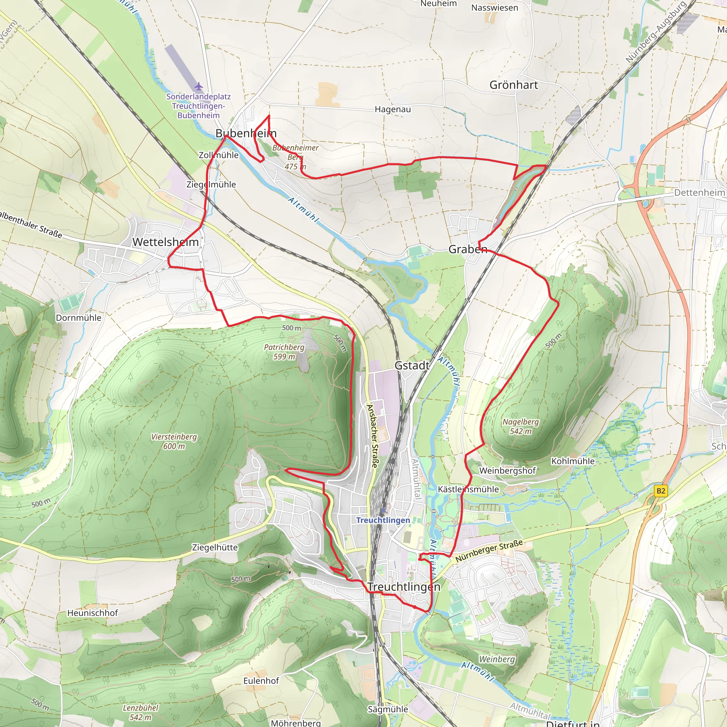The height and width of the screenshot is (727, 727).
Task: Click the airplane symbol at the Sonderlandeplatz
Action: coord(199,87)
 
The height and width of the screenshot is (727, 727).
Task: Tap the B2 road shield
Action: coord(661,491)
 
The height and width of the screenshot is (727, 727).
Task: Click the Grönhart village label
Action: coord(514,85)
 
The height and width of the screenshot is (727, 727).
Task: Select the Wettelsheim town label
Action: coord(165,242)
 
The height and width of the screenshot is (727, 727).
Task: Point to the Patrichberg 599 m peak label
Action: coord(284,351)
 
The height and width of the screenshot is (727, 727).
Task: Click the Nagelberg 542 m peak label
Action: coord(521,426)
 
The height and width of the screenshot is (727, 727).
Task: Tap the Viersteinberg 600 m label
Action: coord(174,441)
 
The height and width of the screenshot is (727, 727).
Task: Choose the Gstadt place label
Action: coord(412,365)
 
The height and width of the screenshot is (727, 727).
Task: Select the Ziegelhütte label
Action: coord(215,547)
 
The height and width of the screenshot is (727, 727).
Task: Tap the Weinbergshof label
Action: coord(507,471)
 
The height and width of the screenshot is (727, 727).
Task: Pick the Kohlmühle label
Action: coord(573,461)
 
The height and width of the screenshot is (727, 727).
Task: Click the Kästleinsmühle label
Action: coord(468,489)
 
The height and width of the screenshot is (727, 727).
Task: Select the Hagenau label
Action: coord(393,109)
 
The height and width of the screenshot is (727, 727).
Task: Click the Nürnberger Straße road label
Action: coord(489,551)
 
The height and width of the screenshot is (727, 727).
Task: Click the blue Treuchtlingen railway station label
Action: coord(383,520)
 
